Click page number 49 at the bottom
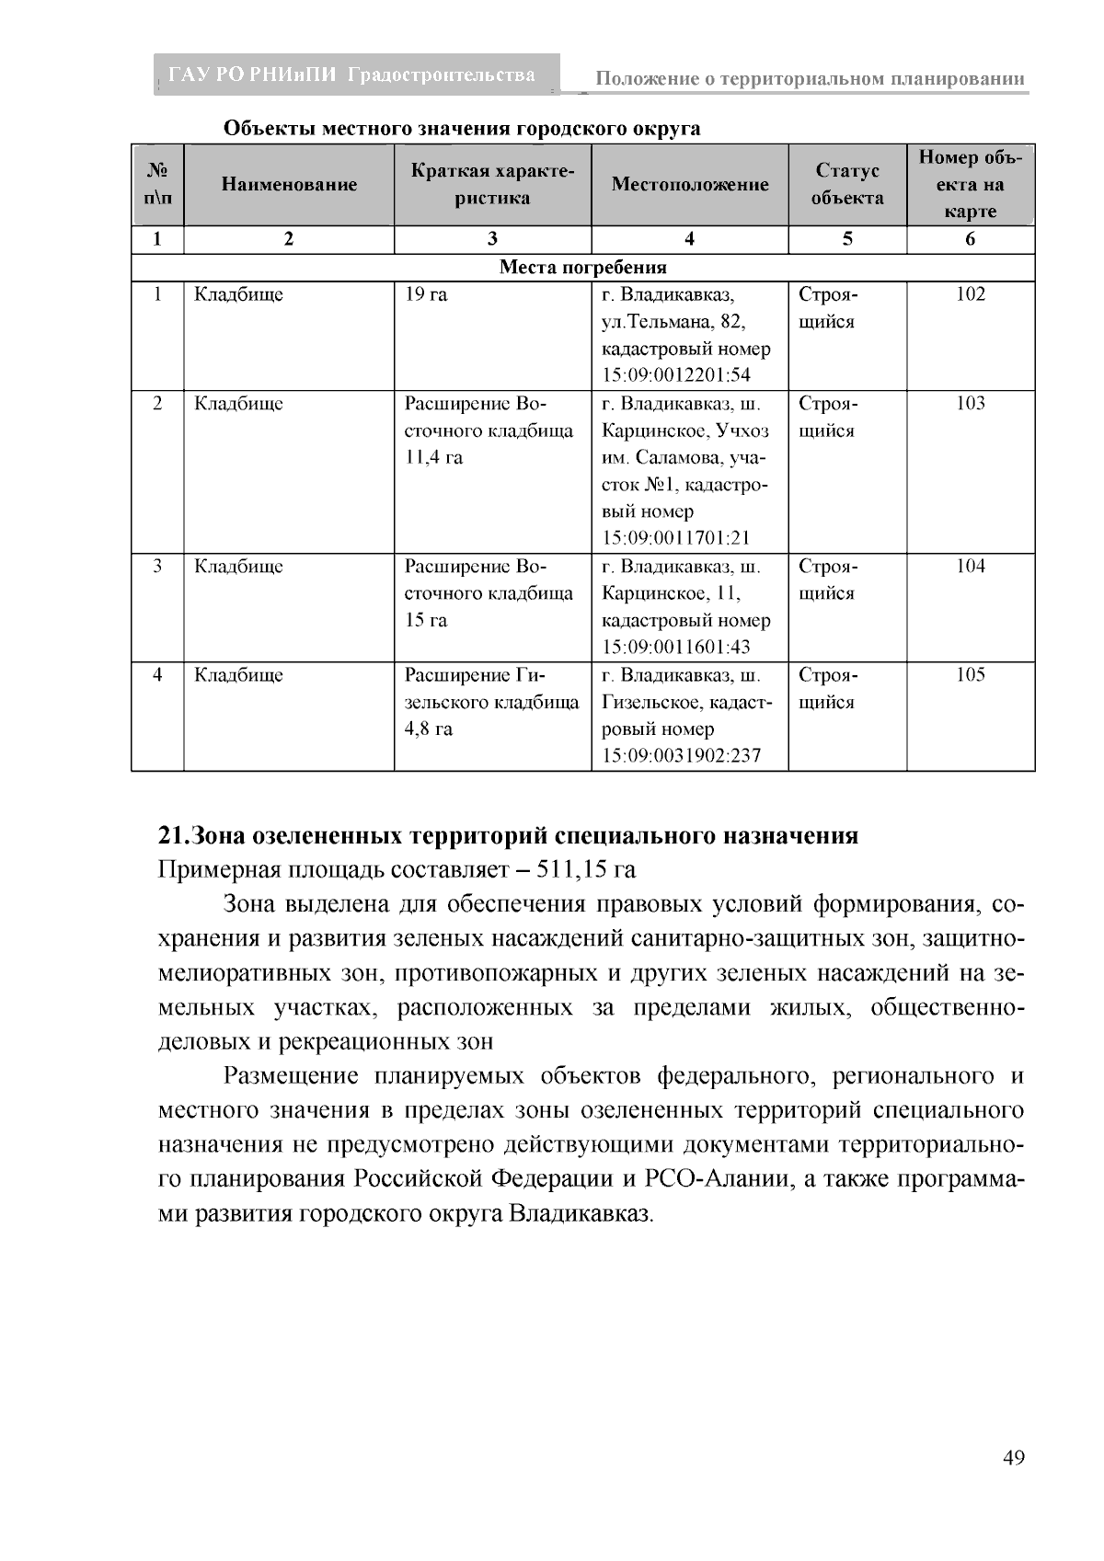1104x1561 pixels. [x=1013, y=1458]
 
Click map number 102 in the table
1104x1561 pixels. [x=970, y=294]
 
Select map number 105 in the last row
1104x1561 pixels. [x=970, y=675]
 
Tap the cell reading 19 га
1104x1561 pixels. [x=426, y=294]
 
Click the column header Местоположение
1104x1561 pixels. [x=689, y=184]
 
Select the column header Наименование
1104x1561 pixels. [x=289, y=184]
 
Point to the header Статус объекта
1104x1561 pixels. [x=847, y=184]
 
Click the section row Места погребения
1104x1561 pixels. [x=582, y=268]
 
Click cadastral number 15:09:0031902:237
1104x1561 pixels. [x=681, y=756]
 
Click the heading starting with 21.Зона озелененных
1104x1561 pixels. [x=508, y=835]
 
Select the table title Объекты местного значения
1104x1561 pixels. [x=462, y=128]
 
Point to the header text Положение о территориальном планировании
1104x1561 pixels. [x=810, y=79]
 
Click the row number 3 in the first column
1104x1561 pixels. [x=157, y=567]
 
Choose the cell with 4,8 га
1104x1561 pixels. [x=429, y=729]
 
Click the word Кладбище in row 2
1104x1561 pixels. [x=238, y=404]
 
